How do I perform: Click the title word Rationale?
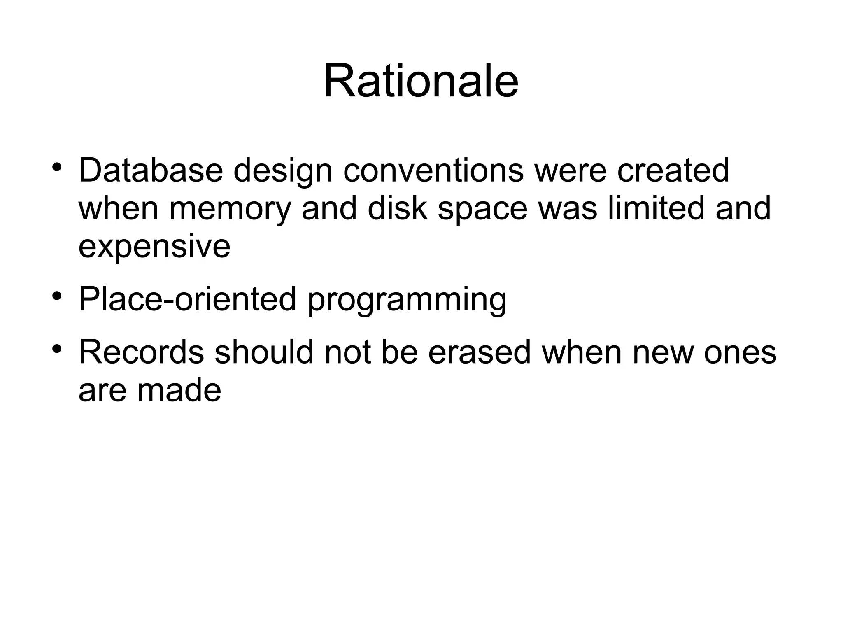coord(421,81)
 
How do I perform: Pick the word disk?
coord(398,208)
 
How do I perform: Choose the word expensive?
coord(154,247)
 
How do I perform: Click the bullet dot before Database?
coord(57,168)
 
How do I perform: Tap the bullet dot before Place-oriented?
coord(57,296)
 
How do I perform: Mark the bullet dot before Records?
coord(57,350)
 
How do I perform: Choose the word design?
coord(283,171)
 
